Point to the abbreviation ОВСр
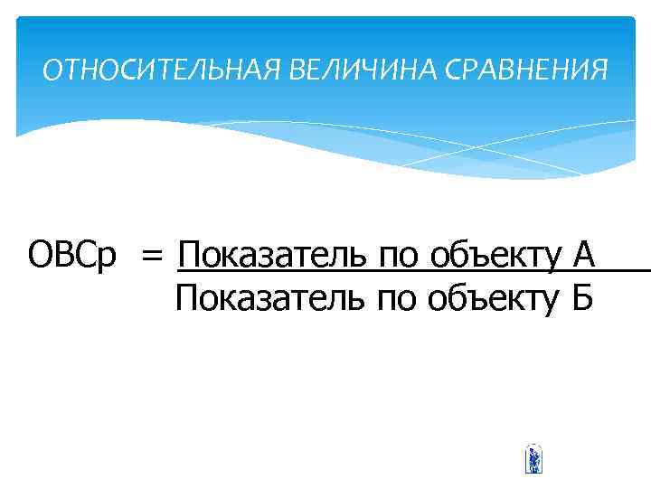tap(72, 256)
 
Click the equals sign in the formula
tap(152, 257)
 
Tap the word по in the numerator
tap(397, 258)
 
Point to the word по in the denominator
tap(397, 298)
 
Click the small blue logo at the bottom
tap(533, 459)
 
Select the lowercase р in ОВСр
tap(106, 260)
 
